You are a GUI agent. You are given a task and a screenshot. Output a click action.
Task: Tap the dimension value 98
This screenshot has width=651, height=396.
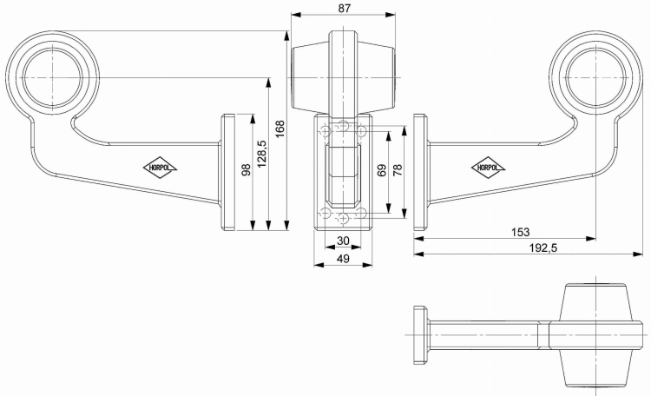(247, 170)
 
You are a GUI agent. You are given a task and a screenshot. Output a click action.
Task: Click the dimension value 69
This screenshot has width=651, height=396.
(382, 170)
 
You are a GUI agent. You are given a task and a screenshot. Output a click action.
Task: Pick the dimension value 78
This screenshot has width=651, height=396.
(398, 170)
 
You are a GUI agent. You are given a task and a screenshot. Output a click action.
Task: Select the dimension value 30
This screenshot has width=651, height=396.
(342, 241)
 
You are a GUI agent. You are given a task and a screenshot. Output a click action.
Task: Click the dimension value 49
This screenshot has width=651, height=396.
(342, 258)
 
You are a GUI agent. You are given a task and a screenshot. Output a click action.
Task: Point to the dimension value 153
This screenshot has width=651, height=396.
(521, 232)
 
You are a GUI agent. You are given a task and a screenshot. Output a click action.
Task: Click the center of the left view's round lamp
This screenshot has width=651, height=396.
(51, 74)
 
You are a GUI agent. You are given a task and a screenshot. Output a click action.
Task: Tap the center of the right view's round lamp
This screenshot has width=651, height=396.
(595, 74)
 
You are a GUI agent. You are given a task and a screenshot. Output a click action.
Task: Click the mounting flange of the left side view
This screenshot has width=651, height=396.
(229, 172)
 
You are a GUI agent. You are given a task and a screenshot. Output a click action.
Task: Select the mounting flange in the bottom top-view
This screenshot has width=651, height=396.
(421, 334)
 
